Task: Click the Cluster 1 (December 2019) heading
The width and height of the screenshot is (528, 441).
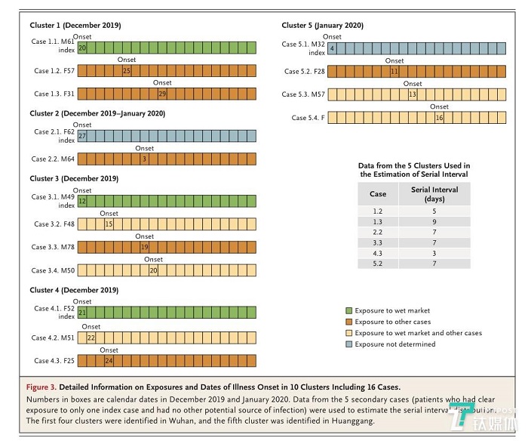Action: [x=74, y=26]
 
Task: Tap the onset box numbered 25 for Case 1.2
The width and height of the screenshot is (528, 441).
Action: [x=127, y=71]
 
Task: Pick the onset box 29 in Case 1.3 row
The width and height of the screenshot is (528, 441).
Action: [x=162, y=94]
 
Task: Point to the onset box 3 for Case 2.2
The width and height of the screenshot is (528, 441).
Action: [x=143, y=159]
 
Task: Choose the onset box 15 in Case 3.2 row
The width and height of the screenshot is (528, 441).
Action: [x=109, y=224]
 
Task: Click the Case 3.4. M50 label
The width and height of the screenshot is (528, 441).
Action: [x=54, y=270]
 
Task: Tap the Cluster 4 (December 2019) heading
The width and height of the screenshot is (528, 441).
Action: [x=74, y=289]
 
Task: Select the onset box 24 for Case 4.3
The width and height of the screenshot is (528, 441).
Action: [x=109, y=361]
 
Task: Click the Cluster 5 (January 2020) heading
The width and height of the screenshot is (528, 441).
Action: [x=322, y=26]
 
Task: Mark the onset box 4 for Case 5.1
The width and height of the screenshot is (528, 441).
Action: [x=332, y=48]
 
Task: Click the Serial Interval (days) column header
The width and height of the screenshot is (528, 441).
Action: [x=434, y=193]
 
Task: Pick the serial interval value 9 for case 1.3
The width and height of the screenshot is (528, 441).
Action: [x=434, y=223]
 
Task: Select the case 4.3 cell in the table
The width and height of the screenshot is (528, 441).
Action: [x=377, y=253]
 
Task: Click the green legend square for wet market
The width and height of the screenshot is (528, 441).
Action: [x=348, y=310]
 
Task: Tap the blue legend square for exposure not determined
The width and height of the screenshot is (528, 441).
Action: [x=348, y=344]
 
